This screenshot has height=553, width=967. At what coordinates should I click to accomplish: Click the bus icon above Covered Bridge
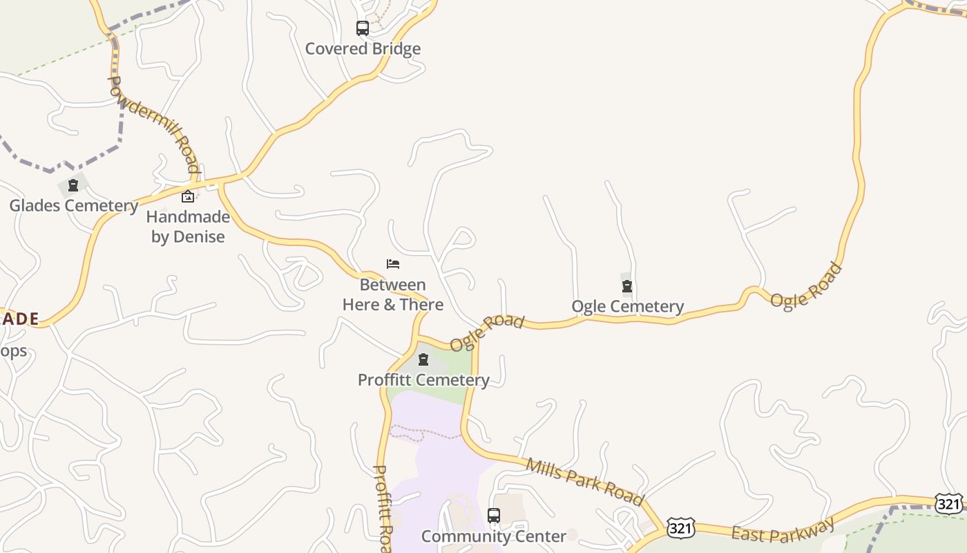tap(363, 28)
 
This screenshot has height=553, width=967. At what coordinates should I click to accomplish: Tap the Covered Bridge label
tap(363, 49)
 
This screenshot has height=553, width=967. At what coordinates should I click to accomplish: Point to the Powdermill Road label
tap(153, 124)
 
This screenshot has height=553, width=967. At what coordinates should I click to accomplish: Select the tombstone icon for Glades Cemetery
tap(73, 185)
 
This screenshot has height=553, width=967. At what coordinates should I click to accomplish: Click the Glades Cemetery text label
tap(74, 205)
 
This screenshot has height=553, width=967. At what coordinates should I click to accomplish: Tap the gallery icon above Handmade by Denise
tap(187, 196)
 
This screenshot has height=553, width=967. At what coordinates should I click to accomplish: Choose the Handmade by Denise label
tap(188, 227)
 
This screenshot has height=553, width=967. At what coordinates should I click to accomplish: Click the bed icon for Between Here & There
tap(393, 264)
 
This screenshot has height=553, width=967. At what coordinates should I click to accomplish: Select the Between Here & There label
tap(393, 294)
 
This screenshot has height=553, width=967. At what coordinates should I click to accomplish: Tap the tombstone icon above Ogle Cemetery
tap(627, 286)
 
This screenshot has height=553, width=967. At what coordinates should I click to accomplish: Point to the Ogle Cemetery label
tap(628, 306)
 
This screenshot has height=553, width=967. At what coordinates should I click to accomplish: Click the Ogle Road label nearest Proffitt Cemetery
tap(487, 332)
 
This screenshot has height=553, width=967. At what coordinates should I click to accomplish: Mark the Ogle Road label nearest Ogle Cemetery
tap(806, 285)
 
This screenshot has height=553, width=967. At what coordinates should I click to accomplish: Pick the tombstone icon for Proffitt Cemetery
tap(423, 359)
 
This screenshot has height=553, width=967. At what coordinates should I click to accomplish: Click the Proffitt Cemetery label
tap(423, 379)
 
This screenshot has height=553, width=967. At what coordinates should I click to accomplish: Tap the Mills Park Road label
tap(584, 481)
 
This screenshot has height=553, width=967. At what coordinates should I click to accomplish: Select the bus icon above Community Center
tap(494, 516)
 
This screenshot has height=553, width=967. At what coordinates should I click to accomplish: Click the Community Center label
tap(494, 536)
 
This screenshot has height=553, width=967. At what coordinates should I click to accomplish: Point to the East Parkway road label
tap(783, 532)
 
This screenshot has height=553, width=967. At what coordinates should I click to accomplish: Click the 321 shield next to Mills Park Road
tap(680, 528)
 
